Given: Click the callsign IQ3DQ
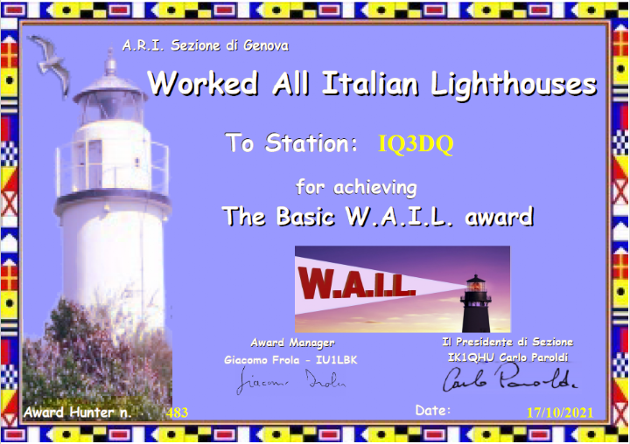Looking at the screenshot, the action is coord(416,143).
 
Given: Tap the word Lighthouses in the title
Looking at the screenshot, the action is coord(514,85).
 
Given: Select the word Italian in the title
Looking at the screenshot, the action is coord(371,84).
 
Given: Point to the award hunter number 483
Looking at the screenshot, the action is coord(177,413).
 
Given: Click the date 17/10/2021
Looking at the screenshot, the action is coord(560,413).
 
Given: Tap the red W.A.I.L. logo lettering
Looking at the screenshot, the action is coord(356,283).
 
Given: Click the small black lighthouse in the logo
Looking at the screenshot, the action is coord(476,303).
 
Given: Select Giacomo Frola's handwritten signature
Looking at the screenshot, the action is coord(290,380).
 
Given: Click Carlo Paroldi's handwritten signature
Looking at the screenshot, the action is coord(509,378).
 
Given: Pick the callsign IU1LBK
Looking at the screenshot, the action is coord(337,360).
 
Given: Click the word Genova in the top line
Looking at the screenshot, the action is coord(266,45).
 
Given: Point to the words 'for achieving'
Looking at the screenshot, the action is coord(356,188).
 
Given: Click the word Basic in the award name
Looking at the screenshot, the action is coord(305,217).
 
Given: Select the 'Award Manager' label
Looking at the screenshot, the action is coord(292,343).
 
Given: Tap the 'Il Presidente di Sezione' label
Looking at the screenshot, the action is coord(507,342).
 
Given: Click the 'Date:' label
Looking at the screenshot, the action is coord(433,410).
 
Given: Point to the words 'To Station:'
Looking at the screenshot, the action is coord(291,142).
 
